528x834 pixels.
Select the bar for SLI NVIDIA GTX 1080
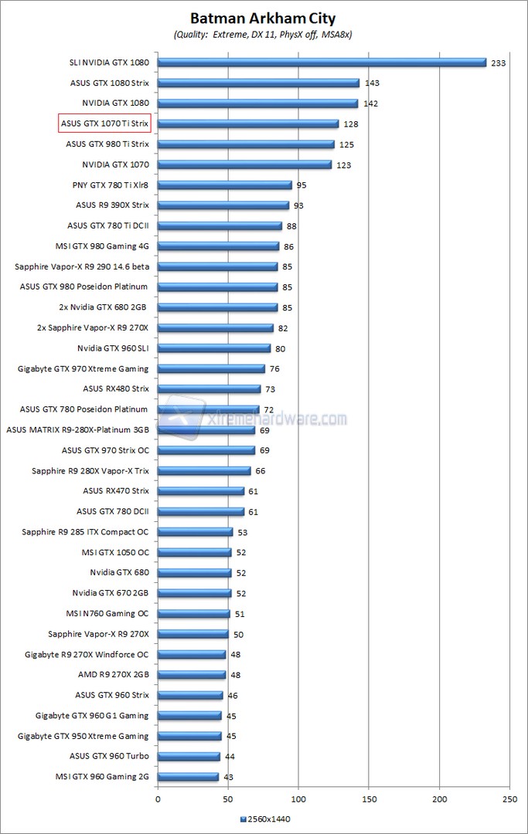click(x=322, y=63)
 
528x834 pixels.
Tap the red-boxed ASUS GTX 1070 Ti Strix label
click(x=104, y=124)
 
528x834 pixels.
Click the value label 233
click(x=498, y=63)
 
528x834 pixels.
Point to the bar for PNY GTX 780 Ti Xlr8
click(x=225, y=185)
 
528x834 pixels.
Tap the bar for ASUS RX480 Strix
click(x=209, y=389)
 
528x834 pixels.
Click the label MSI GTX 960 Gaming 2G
click(x=102, y=776)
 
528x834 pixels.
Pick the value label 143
click(x=371, y=83)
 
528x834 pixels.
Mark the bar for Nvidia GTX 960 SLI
click(x=214, y=348)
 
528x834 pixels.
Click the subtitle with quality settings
click(x=264, y=35)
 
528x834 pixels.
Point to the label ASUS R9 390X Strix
click(x=112, y=205)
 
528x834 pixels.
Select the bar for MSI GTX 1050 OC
click(x=195, y=552)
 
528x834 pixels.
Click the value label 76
click(x=274, y=369)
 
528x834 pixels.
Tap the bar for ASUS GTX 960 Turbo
click(x=189, y=756)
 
